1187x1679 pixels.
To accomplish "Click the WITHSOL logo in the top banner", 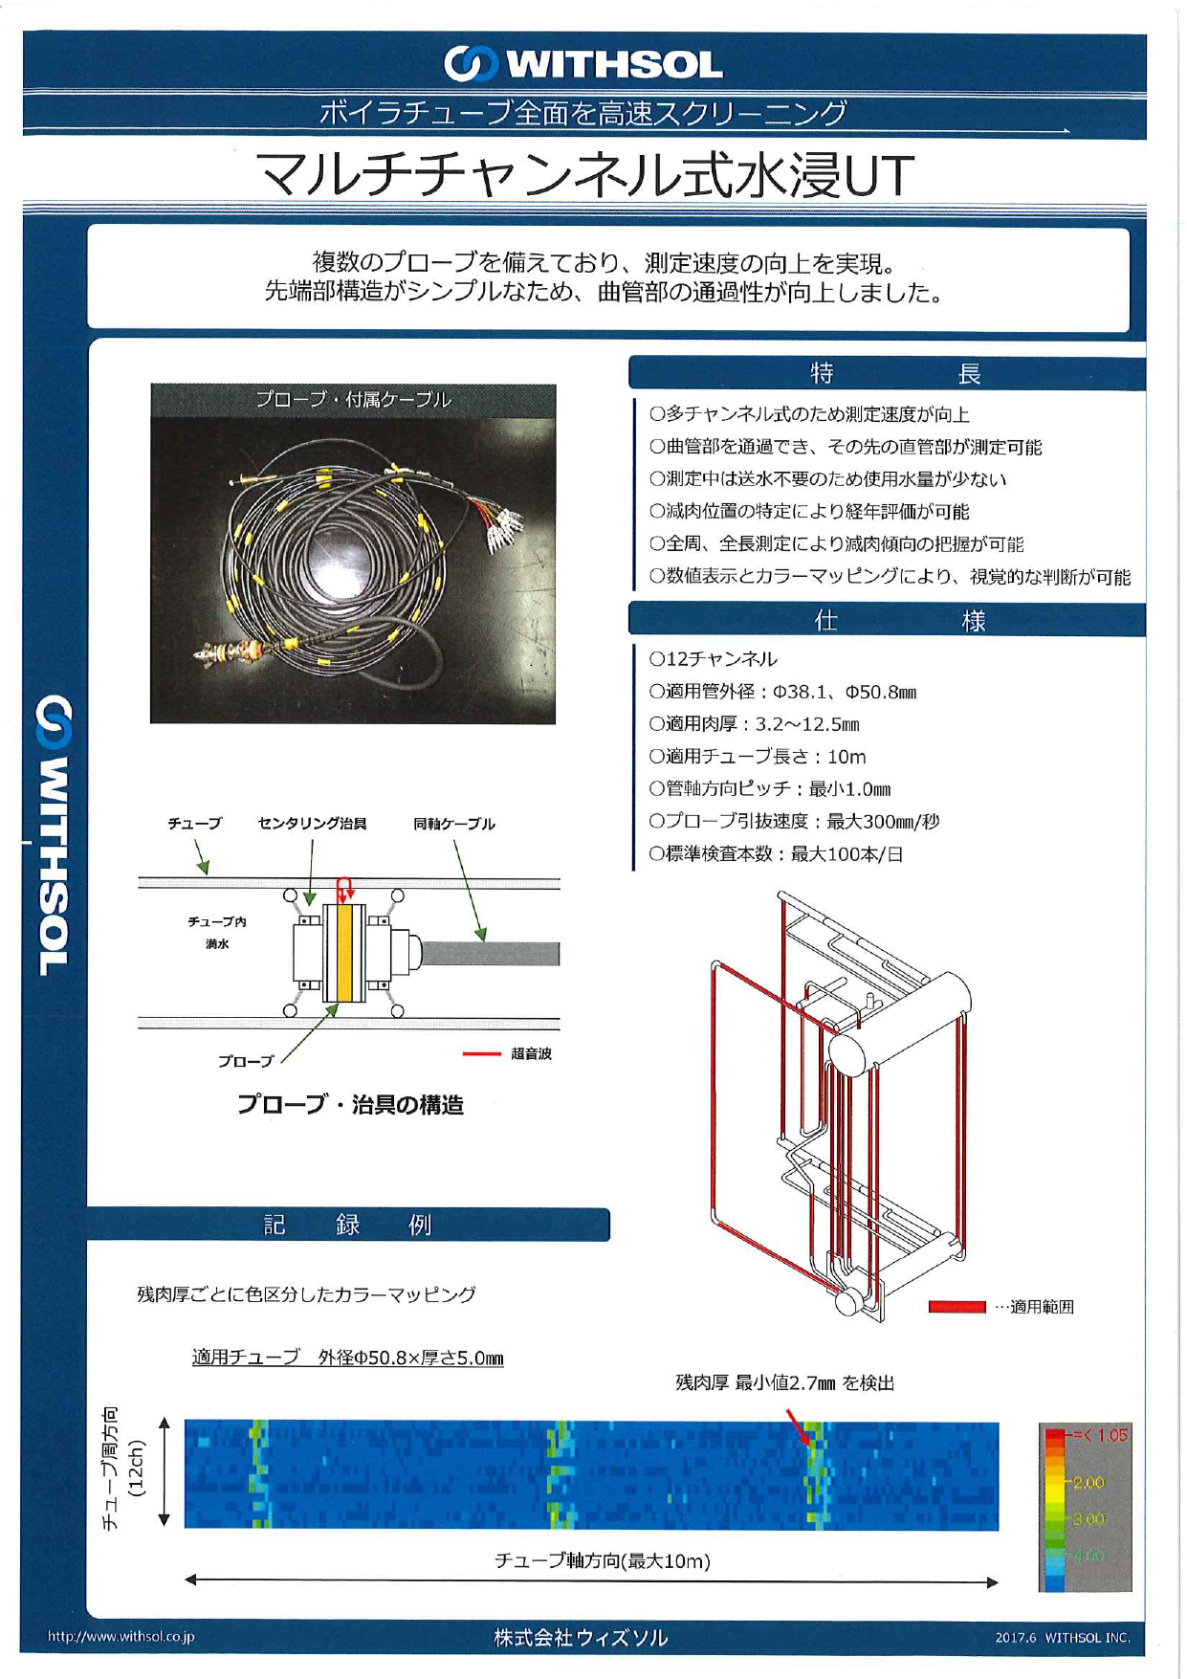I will pyautogui.click(x=583, y=64).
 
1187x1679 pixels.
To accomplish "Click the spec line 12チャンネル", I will pyautogui.click(x=714, y=659).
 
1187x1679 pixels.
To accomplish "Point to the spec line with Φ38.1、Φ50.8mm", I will pyautogui.click(x=782, y=692).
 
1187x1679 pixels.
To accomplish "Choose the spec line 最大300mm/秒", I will pyautogui.click(x=794, y=822).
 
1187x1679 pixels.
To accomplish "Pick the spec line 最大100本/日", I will pyautogui.click(x=776, y=854).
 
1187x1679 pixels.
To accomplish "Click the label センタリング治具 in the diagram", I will pyautogui.click(x=312, y=824).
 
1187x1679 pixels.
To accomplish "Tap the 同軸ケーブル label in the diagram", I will pyautogui.click(x=454, y=824).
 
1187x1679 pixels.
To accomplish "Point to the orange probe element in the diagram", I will pyautogui.click(x=344, y=952).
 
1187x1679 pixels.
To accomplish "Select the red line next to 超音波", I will pyautogui.click(x=481, y=1054).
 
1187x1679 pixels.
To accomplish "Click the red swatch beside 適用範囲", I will pyautogui.click(x=956, y=1307).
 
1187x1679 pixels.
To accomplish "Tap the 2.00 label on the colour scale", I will pyautogui.click(x=1088, y=1483).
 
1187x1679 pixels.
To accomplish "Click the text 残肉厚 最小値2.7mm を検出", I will pyautogui.click(x=784, y=1382).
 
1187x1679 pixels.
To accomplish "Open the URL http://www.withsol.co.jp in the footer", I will pyautogui.click(x=121, y=1637).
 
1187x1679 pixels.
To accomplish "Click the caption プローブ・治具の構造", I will pyautogui.click(x=350, y=1105).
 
